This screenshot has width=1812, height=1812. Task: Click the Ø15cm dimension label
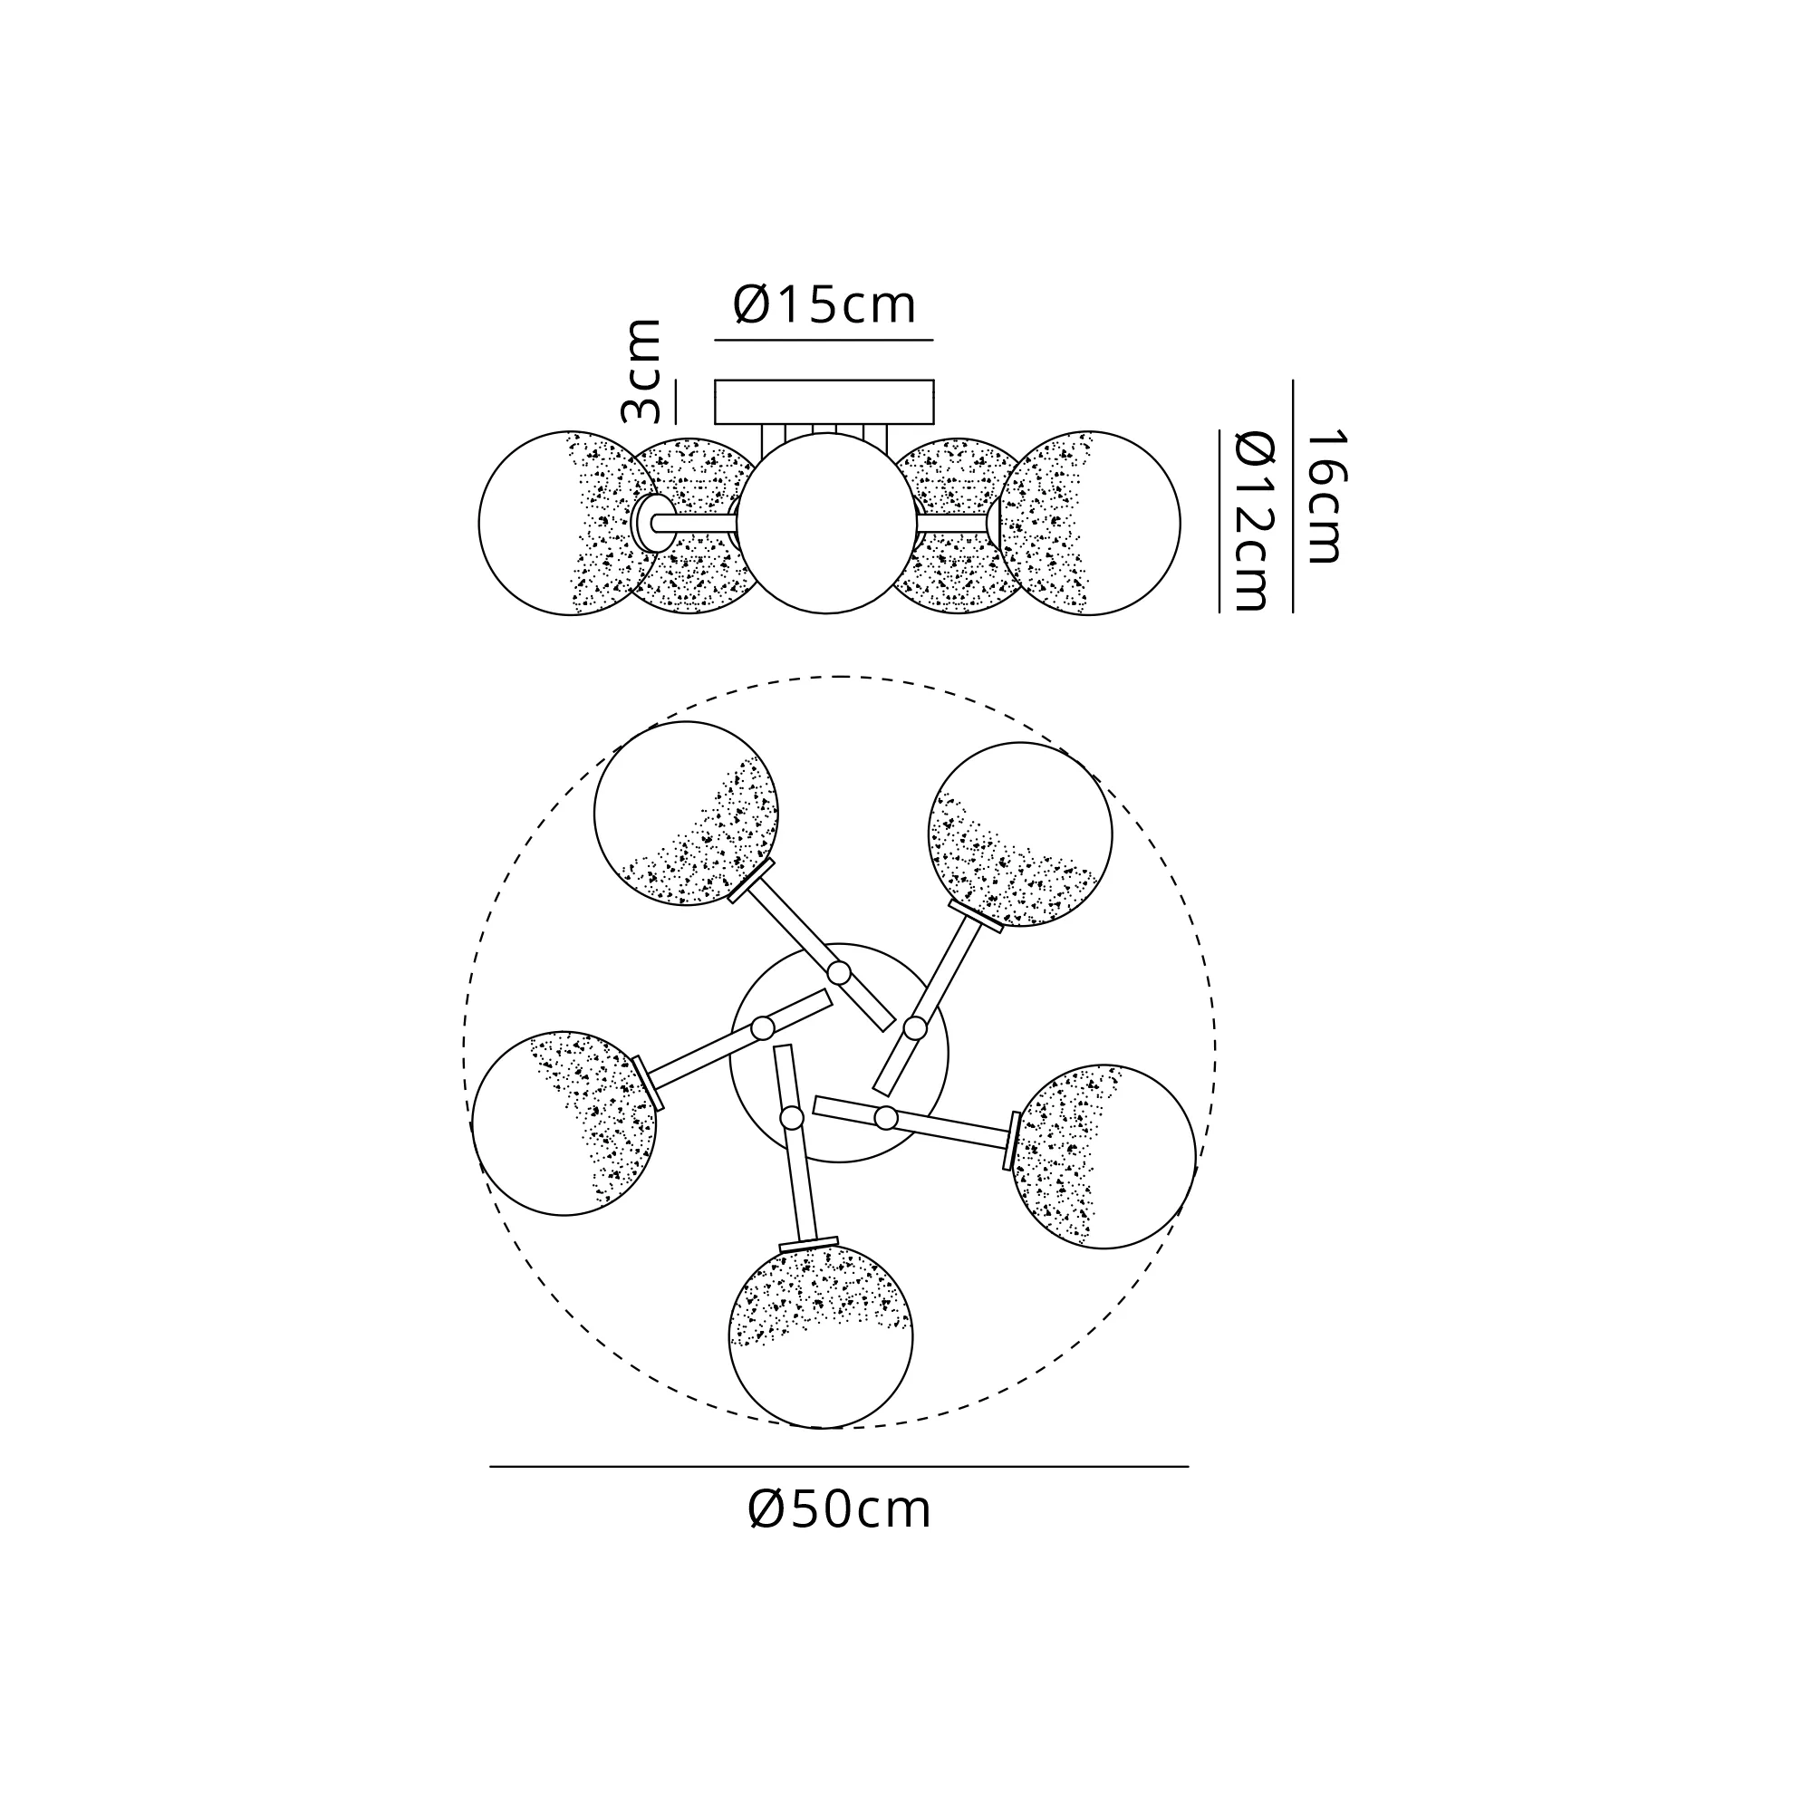click(824, 304)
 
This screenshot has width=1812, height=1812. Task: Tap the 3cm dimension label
click(642, 371)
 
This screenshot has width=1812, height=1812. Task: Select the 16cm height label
click(1326, 496)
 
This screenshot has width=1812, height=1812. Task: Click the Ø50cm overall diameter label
click(840, 1509)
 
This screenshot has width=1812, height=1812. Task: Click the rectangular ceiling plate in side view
click(824, 402)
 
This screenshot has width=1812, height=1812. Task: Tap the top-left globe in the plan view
click(687, 814)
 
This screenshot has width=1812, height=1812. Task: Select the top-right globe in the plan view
click(1020, 834)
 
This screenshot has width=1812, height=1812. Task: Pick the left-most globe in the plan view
click(564, 1123)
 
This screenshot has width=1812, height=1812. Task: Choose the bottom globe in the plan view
click(821, 1336)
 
